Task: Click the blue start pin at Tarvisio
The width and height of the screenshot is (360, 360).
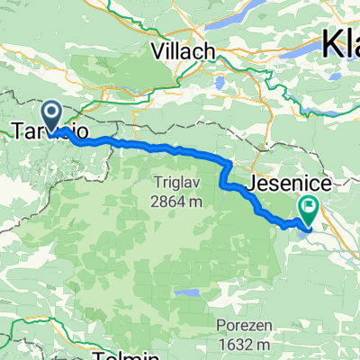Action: click(x=51, y=115)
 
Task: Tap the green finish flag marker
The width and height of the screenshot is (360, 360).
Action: click(x=309, y=209)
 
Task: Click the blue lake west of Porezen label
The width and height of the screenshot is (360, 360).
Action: click(x=187, y=293)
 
